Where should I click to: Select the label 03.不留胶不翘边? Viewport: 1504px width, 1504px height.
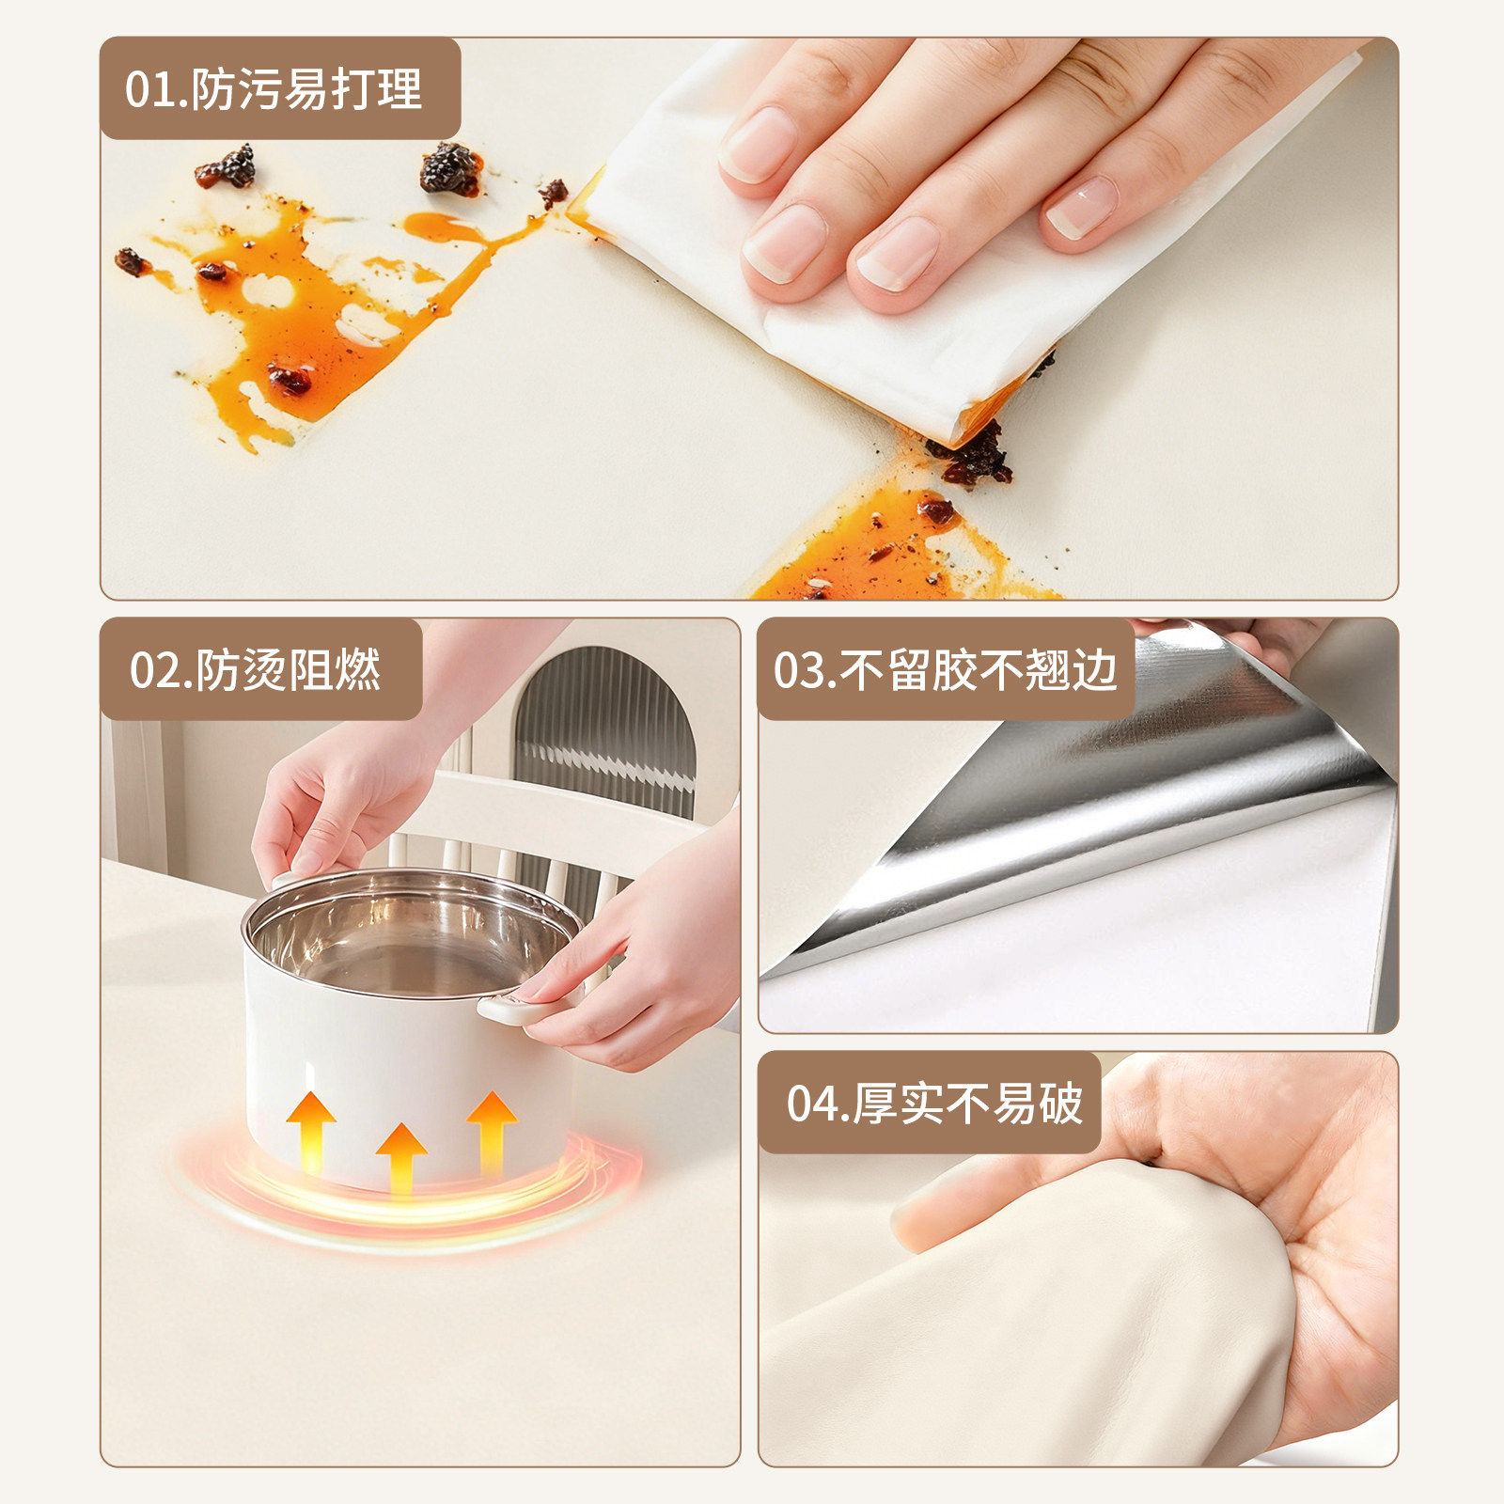946,669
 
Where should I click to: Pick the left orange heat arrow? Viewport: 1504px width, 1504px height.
311,1128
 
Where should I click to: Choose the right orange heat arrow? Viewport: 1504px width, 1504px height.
492,1128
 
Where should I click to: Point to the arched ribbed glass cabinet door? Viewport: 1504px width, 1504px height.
606,724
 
